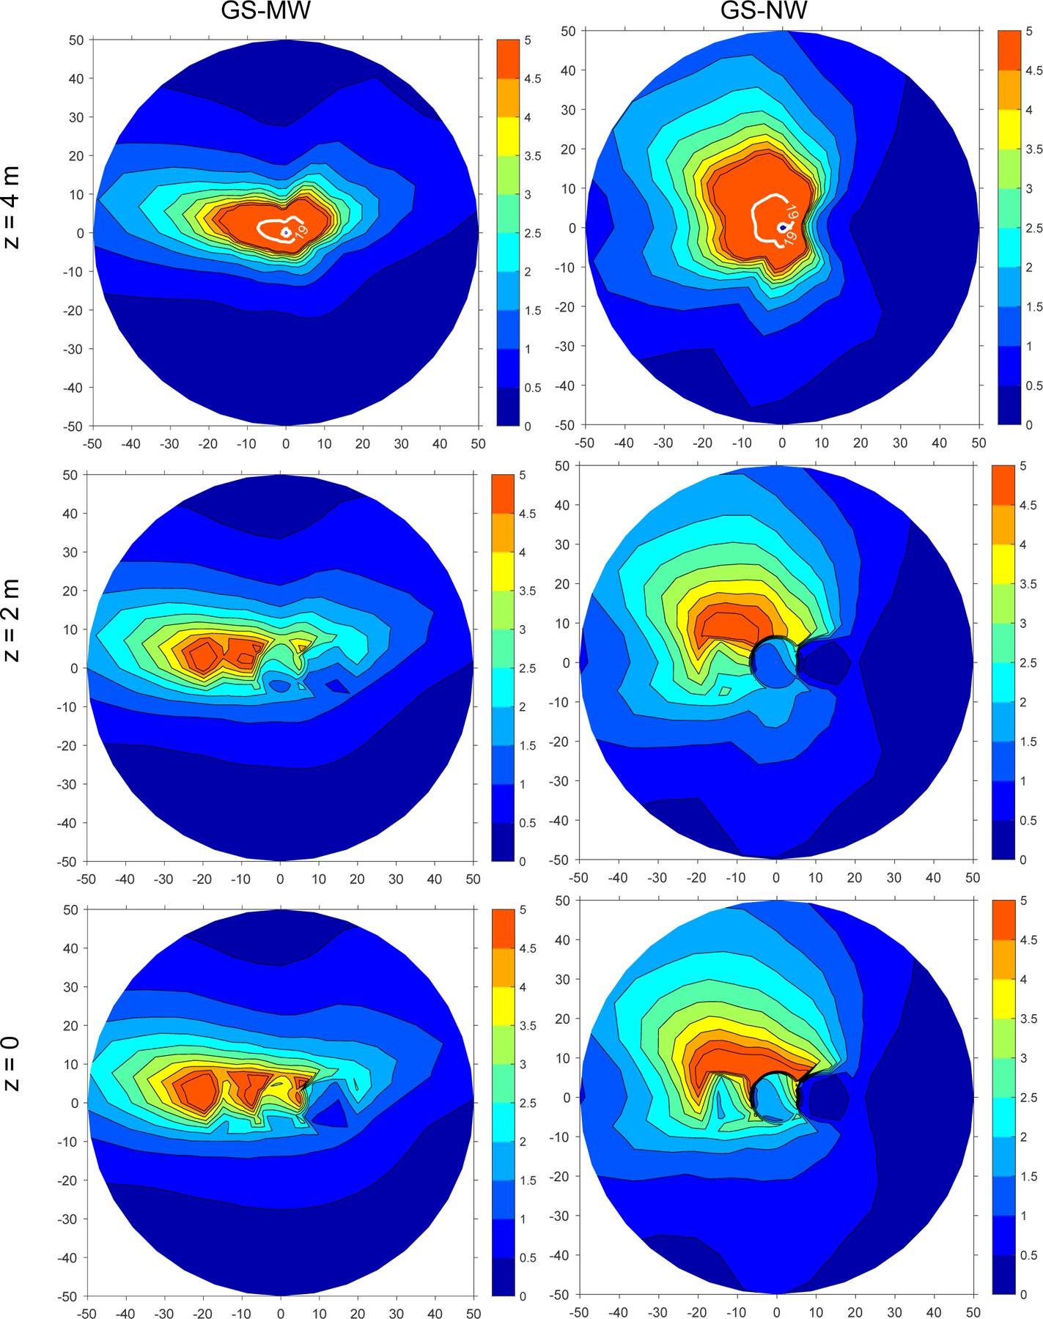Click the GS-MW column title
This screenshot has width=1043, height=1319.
[265, 10]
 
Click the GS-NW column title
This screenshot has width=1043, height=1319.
[764, 10]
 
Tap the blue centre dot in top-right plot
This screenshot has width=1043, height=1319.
[783, 228]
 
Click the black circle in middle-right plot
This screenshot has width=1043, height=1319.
[775, 662]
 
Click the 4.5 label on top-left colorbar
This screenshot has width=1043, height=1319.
[533, 79]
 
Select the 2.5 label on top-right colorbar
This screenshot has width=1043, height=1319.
[1034, 229]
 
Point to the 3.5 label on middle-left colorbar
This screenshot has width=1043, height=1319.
[528, 591]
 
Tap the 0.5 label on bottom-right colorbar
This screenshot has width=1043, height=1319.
[1029, 1255]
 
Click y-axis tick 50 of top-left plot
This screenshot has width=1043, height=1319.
[76, 40]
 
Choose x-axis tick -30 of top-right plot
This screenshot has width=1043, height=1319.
[663, 443]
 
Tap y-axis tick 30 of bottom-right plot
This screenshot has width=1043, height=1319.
[562, 979]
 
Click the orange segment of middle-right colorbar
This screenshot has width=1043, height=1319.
[1003, 524]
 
